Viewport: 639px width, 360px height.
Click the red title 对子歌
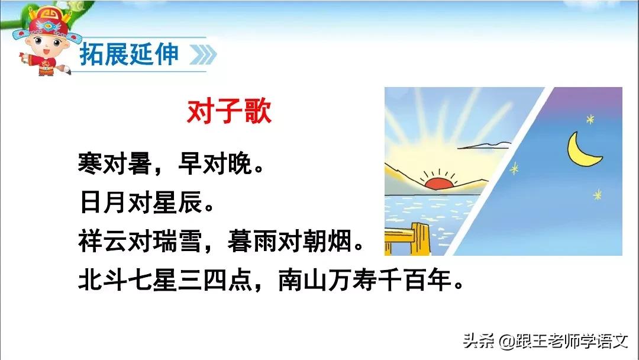click(229, 111)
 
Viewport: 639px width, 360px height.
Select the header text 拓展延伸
click(128, 54)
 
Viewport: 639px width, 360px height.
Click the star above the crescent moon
click(589, 120)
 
